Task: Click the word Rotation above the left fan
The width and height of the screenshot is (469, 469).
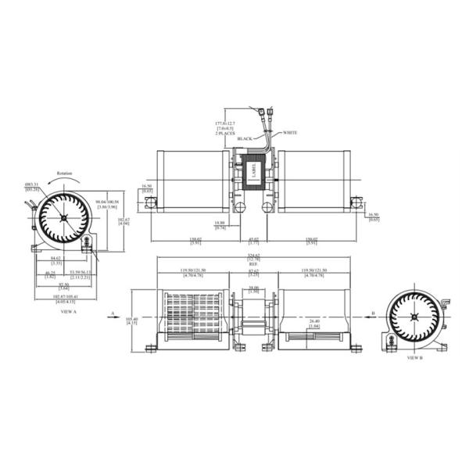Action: click(x=65, y=174)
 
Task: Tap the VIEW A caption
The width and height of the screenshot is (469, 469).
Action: click(x=68, y=312)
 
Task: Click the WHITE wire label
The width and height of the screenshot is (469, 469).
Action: click(x=290, y=132)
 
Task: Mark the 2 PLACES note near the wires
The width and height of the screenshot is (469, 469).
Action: click(x=225, y=133)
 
